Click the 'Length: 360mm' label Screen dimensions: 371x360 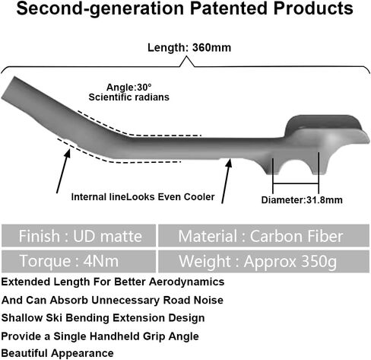click(x=189, y=48)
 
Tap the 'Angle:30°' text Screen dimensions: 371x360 click(x=129, y=88)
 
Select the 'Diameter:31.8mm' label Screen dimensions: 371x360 click(x=302, y=200)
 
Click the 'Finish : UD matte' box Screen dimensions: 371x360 click(x=78, y=235)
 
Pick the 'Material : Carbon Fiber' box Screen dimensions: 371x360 click(x=264, y=235)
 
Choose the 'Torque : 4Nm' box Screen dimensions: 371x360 click(x=78, y=261)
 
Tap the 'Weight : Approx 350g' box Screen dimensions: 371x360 click(x=264, y=261)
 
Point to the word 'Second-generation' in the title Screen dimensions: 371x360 click(x=100, y=9)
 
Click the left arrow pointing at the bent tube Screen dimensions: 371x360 click(x=63, y=171)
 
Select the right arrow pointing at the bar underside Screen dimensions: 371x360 click(x=227, y=181)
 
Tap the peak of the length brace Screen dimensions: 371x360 click(x=186, y=56)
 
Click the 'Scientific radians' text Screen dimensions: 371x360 click(x=129, y=97)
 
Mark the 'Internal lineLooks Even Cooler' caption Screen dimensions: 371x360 click(x=143, y=197)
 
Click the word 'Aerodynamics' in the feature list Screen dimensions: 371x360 click(x=187, y=282)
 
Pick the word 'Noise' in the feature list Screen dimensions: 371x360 click(x=208, y=300)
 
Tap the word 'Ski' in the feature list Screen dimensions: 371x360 click(x=54, y=318)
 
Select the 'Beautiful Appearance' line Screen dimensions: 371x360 click(x=57, y=353)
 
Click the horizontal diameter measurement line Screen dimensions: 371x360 click(x=296, y=183)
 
